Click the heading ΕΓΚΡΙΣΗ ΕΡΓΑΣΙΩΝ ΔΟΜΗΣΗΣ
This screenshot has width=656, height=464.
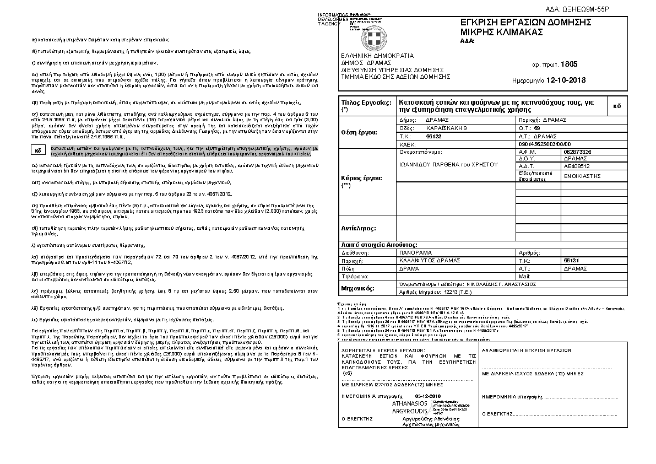click(526, 22)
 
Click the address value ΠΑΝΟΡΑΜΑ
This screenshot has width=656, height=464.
click(417, 251)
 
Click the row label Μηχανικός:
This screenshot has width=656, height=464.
click(359, 288)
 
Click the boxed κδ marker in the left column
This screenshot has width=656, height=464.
click(38, 150)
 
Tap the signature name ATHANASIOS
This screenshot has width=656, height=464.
click(408, 404)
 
